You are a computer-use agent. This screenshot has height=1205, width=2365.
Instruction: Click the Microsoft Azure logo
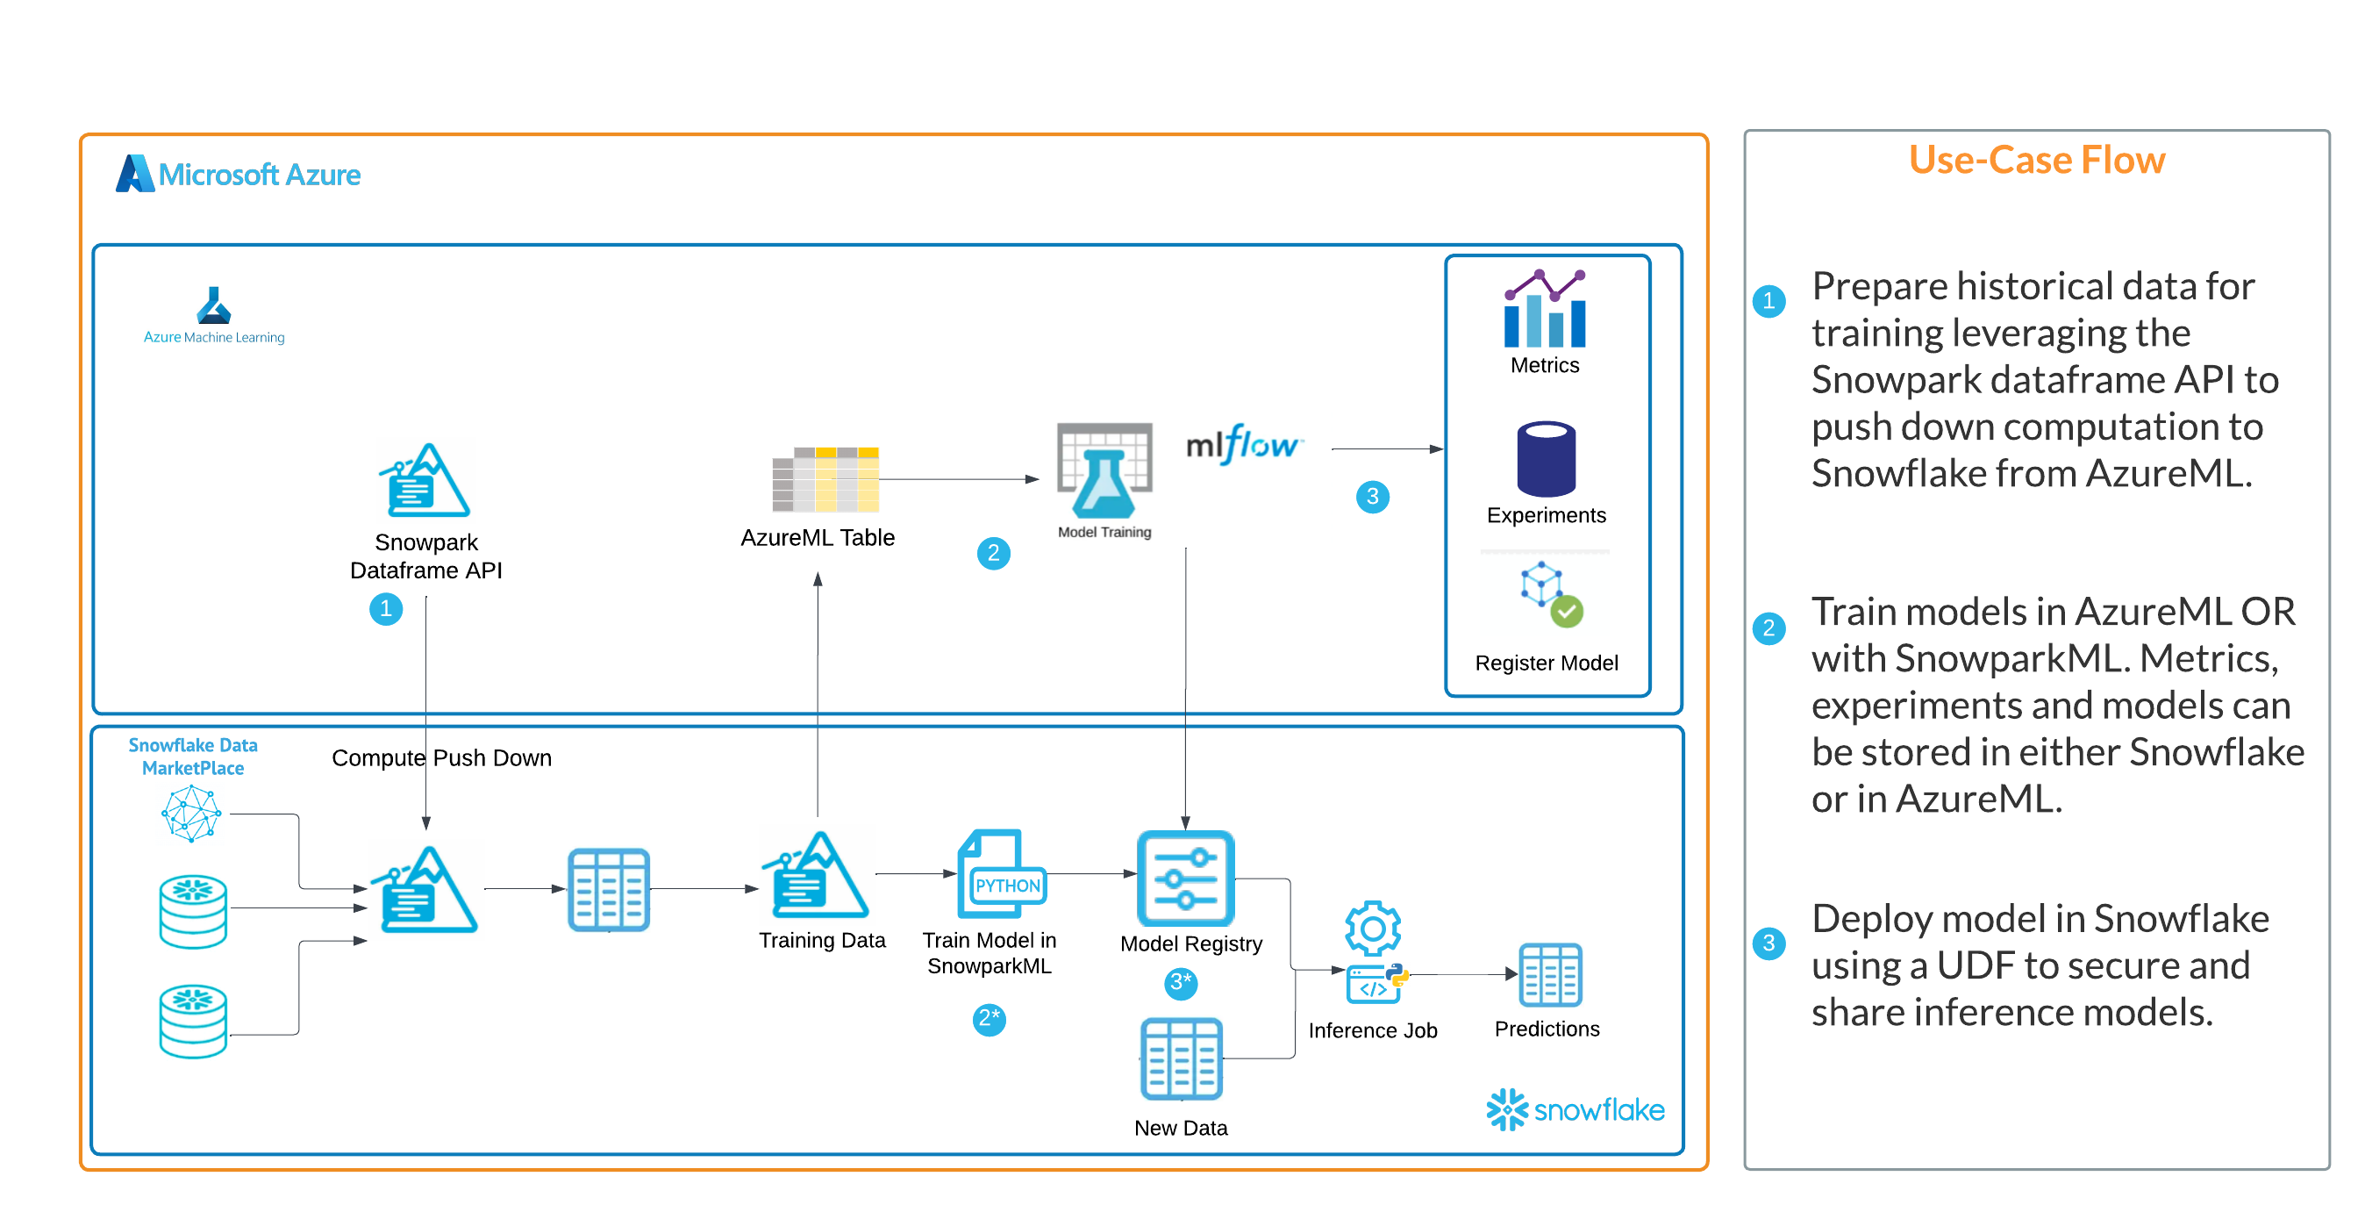[x=238, y=174]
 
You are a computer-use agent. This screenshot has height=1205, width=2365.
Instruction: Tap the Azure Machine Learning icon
[x=214, y=305]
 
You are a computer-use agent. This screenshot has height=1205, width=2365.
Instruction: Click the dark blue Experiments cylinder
[x=1546, y=458]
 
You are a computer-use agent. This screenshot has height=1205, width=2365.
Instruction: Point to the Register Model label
[x=1546, y=663]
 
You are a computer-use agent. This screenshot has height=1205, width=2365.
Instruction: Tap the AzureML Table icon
[x=825, y=479]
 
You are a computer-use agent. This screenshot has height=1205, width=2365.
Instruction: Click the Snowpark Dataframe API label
[x=426, y=556]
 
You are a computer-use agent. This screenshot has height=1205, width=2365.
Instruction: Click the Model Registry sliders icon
[x=1185, y=878]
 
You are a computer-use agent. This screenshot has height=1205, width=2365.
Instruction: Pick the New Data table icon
[x=1181, y=1058]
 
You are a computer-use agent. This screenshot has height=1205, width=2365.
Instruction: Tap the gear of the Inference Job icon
[x=1373, y=928]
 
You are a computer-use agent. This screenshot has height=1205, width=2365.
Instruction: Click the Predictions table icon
[x=1550, y=974]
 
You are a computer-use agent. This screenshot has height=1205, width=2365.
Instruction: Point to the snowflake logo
[x=1575, y=1109]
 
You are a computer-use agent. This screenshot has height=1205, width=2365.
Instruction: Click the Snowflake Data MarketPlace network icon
[x=191, y=813]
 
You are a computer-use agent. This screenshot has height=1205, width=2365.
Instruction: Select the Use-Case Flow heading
[x=2036, y=160]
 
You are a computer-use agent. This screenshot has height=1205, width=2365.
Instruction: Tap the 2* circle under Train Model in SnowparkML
[x=989, y=1019]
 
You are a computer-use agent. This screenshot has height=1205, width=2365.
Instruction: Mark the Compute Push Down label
[x=441, y=757]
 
